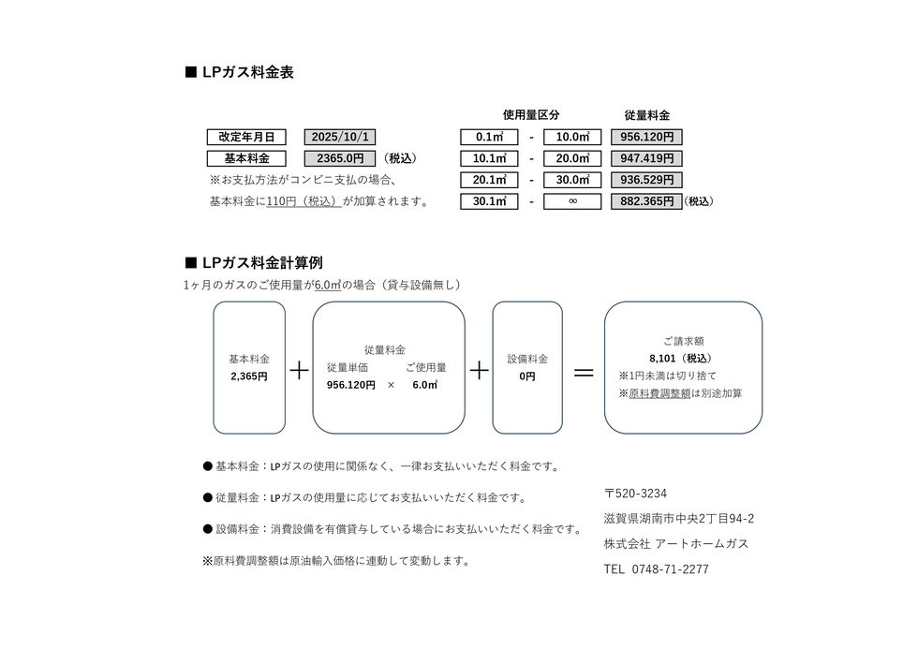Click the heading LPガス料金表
pyautogui.click(x=247, y=72)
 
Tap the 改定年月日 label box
pyautogui.click(x=246, y=137)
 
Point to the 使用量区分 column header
pyautogui.click(x=531, y=115)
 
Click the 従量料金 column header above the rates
pyautogui.click(x=647, y=115)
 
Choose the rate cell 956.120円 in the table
pyautogui.click(x=646, y=137)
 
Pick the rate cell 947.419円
pyautogui.click(x=646, y=158)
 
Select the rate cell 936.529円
pyautogui.click(x=646, y=180)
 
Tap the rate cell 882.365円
pyautogui.click(x=646, y=201)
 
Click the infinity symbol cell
pyautogui.click(x=572, y=201)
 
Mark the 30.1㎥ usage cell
pyautogui.click(x=489, y=201)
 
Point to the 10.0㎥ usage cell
pyautogui.click(x=572, y=137)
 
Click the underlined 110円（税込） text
pyautogui.click(x=304, y=201)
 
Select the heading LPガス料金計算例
pyautogui.click(x=262, y=263)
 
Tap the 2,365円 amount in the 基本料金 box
pyautogui.click(x=249, y=376)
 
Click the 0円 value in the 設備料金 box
pyautogui.click(x=527, y=376)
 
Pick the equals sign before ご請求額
pyautogui.click(x=584, y=372)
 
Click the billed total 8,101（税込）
pyautogui.click(x=681, y=359)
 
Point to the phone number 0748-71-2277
pyautogui.click(x=670, y=569)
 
